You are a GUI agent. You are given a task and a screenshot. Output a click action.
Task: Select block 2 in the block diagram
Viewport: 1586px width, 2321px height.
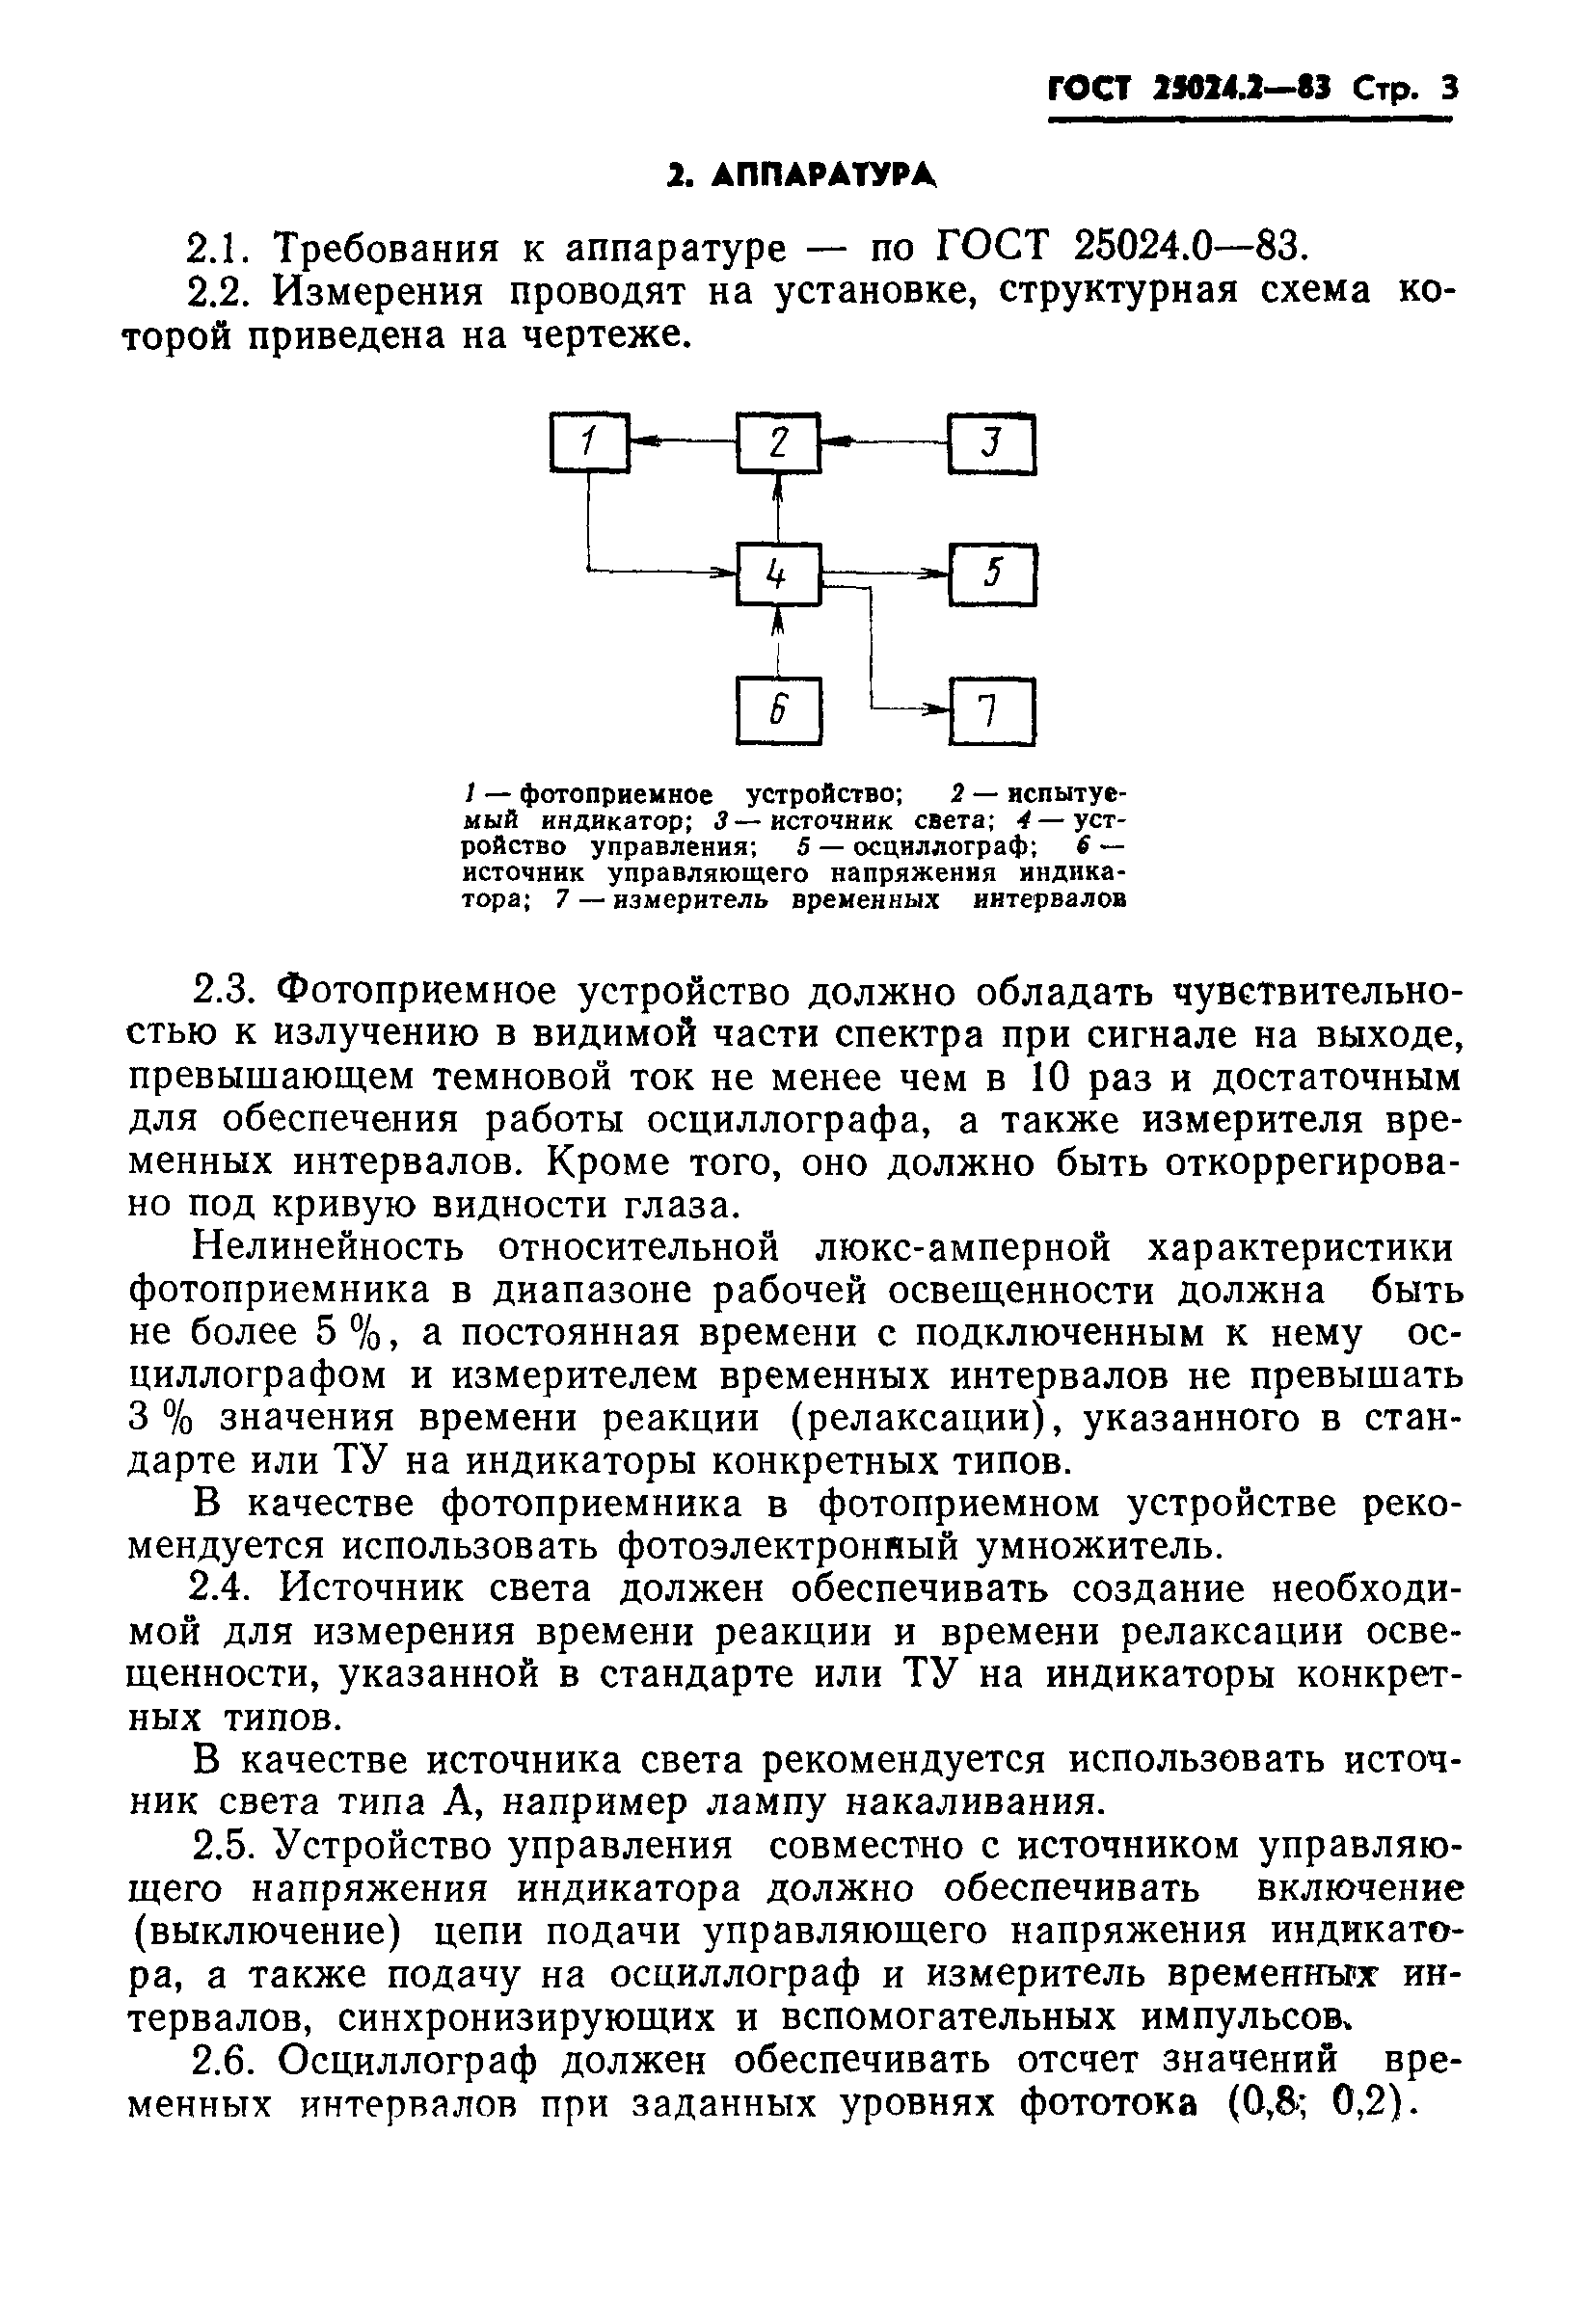778,441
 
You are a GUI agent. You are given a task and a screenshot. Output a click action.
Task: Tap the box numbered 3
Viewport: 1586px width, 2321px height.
992,443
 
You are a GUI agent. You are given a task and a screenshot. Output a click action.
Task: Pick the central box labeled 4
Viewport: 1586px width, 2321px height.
778,574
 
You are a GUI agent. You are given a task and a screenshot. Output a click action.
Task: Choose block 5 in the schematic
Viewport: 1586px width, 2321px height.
992,574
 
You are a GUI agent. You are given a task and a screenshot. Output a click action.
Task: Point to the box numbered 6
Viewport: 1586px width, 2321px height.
778,710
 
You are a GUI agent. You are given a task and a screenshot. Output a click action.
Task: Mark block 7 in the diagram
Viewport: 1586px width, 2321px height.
992,711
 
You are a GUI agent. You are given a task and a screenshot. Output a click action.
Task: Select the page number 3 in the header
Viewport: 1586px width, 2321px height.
1449,90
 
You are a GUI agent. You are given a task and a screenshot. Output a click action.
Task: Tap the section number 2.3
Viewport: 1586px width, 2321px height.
221,991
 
